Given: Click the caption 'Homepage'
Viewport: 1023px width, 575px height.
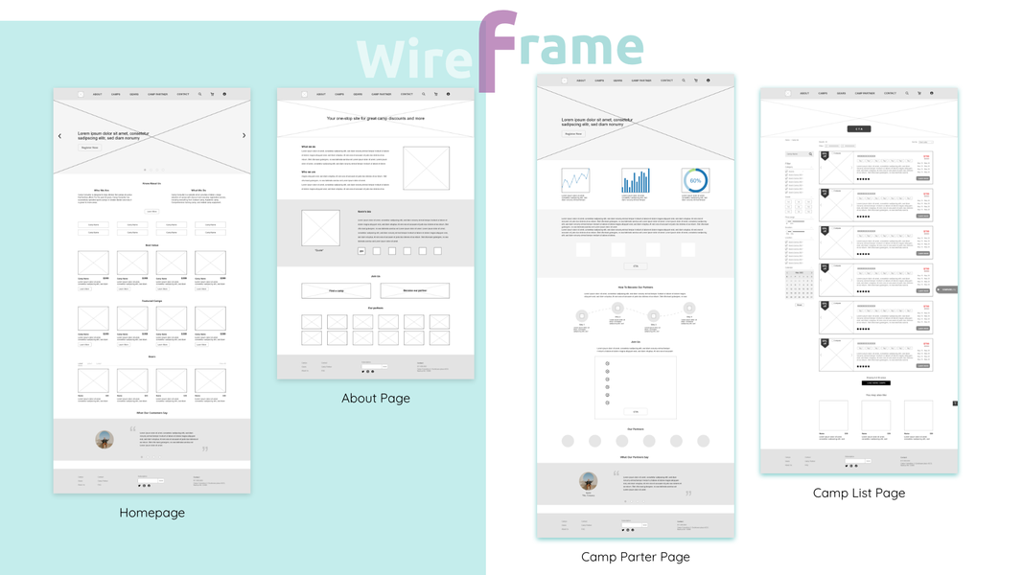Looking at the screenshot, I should [151, 513].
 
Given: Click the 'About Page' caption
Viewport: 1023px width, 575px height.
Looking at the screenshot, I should [375, 398].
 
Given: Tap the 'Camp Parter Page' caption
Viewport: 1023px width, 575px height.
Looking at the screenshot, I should [635, 556].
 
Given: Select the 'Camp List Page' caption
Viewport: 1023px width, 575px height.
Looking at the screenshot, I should [858, 493].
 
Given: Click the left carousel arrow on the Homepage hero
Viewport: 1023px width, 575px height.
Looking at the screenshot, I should [59, 136].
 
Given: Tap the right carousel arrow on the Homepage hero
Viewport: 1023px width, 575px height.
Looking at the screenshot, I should [244, 136].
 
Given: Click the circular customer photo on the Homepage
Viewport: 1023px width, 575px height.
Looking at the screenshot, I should [105, 440].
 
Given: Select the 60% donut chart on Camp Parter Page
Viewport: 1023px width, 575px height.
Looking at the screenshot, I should [695, 180].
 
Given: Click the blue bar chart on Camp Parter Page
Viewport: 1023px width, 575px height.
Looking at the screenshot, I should [635, 180].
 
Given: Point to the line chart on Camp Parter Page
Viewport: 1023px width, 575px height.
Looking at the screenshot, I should [575, 180].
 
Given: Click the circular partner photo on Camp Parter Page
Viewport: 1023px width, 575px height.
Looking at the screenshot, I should [589, 481].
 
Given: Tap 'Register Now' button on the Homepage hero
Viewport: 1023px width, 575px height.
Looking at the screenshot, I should [89, 148].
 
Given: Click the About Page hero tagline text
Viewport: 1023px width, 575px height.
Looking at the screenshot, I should [375, 119].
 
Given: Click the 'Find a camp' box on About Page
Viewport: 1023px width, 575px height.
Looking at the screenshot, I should [336, 290].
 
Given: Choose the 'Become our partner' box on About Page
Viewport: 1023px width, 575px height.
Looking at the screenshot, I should [414, 290].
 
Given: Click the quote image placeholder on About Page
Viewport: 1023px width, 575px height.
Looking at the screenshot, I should [320, 228].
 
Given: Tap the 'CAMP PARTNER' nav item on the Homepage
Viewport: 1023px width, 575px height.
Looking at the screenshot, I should [156, 95].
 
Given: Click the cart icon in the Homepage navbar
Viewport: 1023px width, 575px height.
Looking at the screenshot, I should [212, 95].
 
